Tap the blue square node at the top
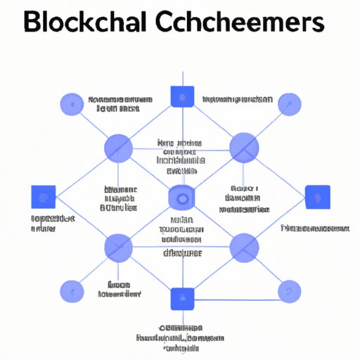[181, 96]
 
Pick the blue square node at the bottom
[181, 299]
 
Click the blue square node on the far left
[44, 198]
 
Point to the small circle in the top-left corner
[71, 105]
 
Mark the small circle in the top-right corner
[289, 105]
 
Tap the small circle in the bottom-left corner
[71, 290]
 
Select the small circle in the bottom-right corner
[289, 290]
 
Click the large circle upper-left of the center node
[118, 148]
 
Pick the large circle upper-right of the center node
[244, 148]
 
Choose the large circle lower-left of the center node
[118, 247]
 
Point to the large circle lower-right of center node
[244, 247]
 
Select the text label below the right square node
[314, 229]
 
